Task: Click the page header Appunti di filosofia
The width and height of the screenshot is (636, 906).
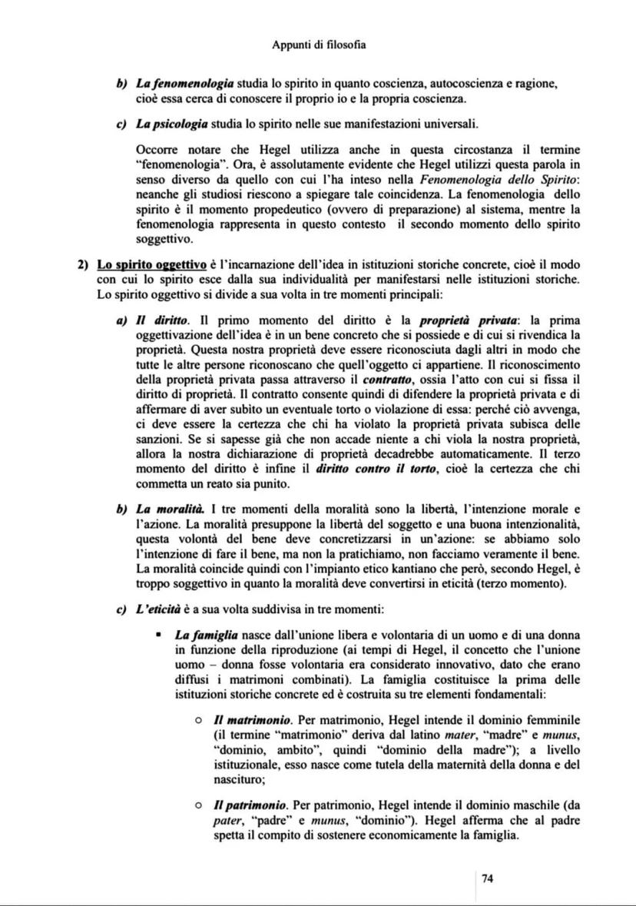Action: point(318,45)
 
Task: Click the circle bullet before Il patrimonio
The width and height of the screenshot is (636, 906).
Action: point(198,805)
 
